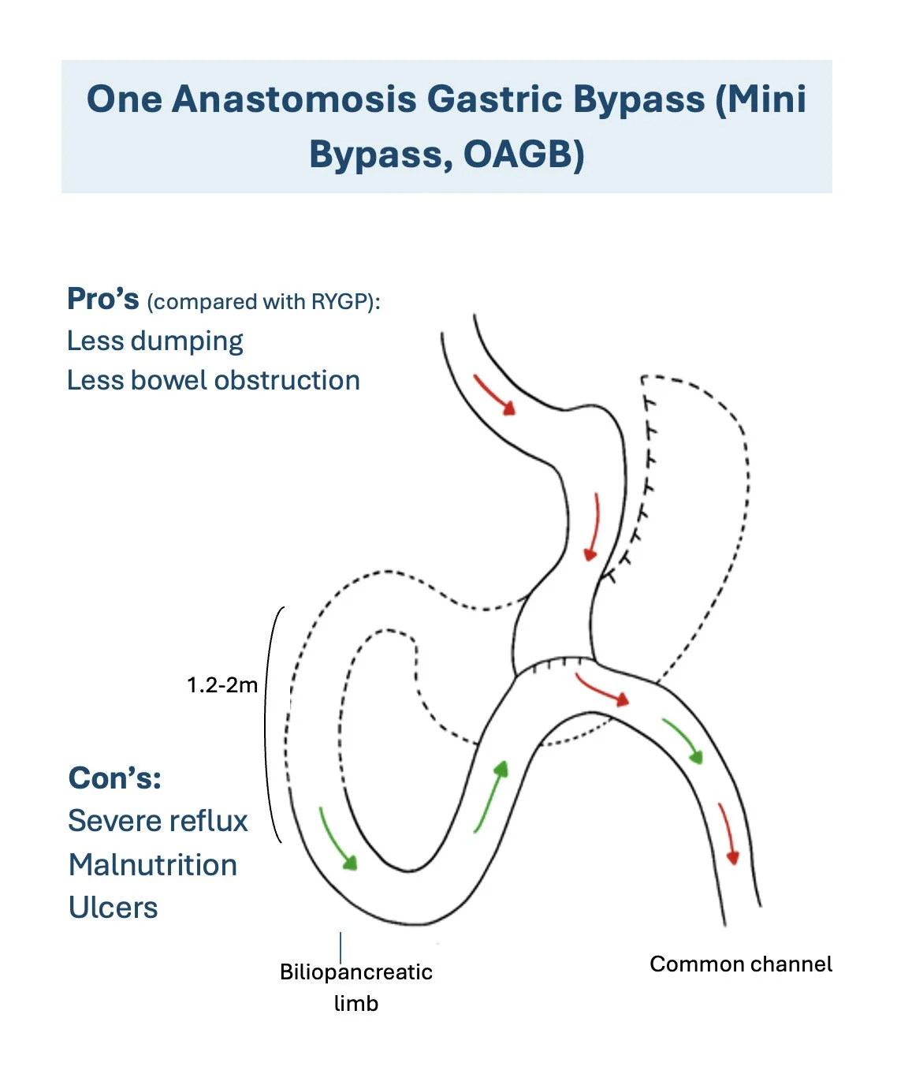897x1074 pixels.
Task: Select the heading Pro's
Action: click(102, 300)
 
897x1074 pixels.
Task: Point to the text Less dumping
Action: click(154, 341)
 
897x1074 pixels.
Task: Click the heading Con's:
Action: click(115, 778)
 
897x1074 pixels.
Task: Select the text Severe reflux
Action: click(158, 821)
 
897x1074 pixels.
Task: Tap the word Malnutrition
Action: click(153, 865)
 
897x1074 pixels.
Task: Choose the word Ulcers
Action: click(114, 908)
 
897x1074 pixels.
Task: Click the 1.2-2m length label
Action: click(222, 684)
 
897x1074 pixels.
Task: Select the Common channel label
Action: click(741, 964)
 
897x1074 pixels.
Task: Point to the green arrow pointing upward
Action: click(490, 796)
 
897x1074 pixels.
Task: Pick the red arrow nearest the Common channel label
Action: click(728, 834)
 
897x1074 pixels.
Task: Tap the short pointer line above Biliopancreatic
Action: click(341, 945)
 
